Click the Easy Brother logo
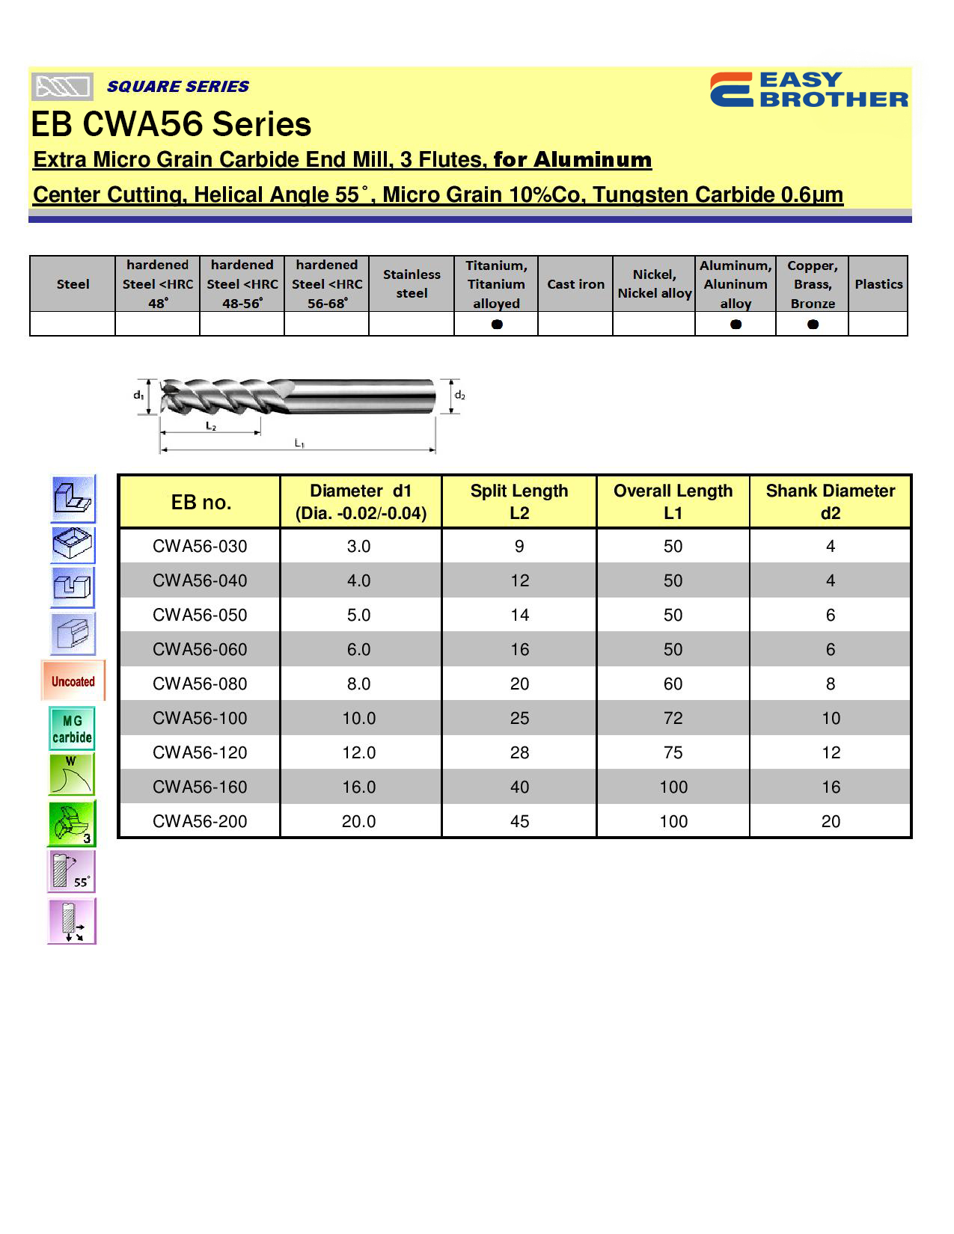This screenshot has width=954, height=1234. [809, 90]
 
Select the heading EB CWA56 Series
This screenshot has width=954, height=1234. [171, 124]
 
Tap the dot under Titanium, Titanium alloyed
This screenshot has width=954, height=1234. [497, 324]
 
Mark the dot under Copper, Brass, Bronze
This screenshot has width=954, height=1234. [813, 324]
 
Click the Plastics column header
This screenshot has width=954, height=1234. [878, 284]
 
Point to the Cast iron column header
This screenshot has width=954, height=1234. [575, 284]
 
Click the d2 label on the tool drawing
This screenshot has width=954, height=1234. [459, 395]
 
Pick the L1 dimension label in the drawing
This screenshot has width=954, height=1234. [299, 443]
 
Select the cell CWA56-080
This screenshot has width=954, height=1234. [200, 684]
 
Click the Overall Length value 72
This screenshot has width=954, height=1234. [673, 718]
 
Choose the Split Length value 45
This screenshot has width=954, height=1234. [519, 821]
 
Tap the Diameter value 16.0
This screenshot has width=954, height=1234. [358, 787]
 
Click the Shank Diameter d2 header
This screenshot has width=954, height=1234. [830, 501]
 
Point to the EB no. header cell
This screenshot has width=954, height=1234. [201, 502]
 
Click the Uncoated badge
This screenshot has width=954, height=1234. [73, 681]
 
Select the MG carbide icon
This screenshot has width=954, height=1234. [73, 728]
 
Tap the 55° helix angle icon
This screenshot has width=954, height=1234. [72, 871]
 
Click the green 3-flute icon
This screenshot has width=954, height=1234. [72, 823]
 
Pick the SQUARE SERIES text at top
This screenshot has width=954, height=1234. [178, 87]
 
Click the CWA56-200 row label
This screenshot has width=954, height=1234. [200, 821]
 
